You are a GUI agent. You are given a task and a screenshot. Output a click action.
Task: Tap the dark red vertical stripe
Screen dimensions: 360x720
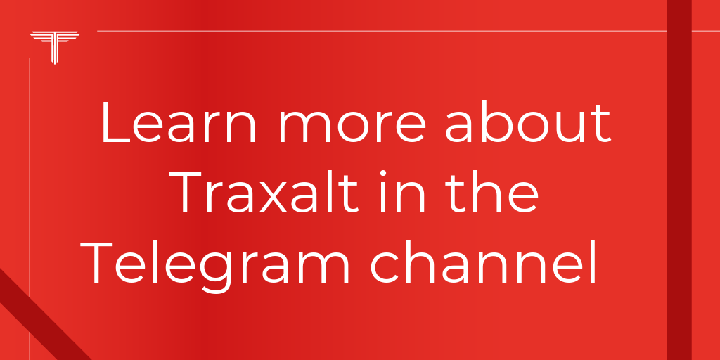tap(679, 180)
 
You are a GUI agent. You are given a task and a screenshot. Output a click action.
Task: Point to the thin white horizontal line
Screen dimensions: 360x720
tap(380, 32)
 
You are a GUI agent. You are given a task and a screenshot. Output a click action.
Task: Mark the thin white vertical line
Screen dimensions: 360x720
tap(30, 211)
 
